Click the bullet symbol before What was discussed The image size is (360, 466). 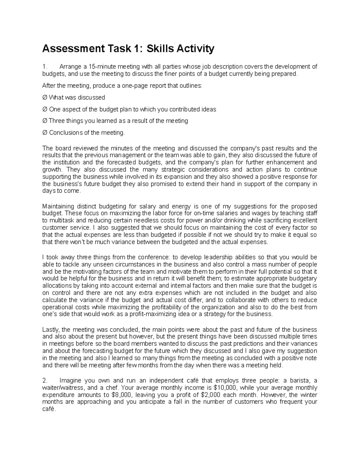(x=45, y=98)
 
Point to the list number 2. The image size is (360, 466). (x=45, y=380)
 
